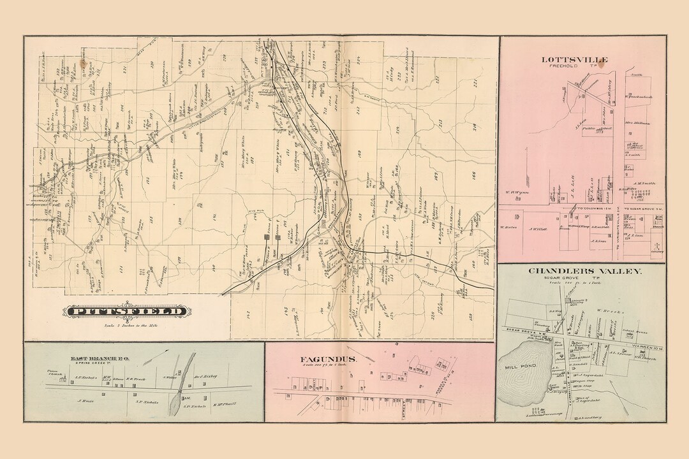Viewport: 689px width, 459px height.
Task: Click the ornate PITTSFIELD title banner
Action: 125,312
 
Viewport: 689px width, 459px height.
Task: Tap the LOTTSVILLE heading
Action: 575,60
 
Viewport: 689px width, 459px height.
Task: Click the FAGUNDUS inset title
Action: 329,359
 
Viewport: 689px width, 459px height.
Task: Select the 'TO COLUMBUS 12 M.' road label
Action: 590,208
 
